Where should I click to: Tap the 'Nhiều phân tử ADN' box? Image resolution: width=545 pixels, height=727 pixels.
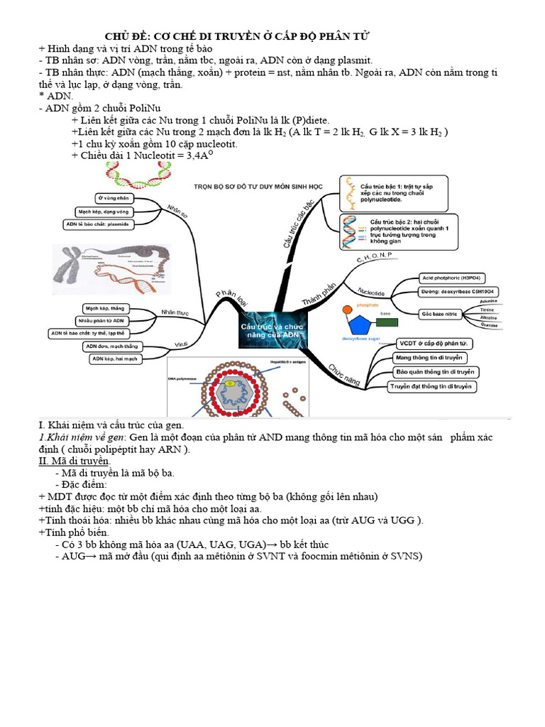[x=104, y=321]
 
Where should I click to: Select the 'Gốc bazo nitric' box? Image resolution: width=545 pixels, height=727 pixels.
[x=440, y=313]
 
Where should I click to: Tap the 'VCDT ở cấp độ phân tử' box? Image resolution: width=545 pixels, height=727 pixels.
[x=435, y=344]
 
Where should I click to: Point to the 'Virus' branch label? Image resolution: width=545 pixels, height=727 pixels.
[x=181, y=345]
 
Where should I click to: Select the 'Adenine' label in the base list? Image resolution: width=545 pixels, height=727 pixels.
[x=488, y=301]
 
